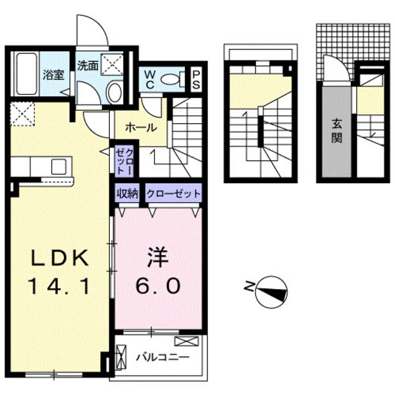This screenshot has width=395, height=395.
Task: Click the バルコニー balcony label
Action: (162, 357)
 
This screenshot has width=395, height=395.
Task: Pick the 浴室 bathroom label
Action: (54, 74)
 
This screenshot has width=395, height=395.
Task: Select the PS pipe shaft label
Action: (196, 80)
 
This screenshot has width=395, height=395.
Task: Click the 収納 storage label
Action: (127, 194)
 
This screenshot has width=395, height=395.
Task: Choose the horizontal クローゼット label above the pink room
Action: (172, 194)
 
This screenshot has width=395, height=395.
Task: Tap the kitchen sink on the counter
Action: (58, 166)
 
